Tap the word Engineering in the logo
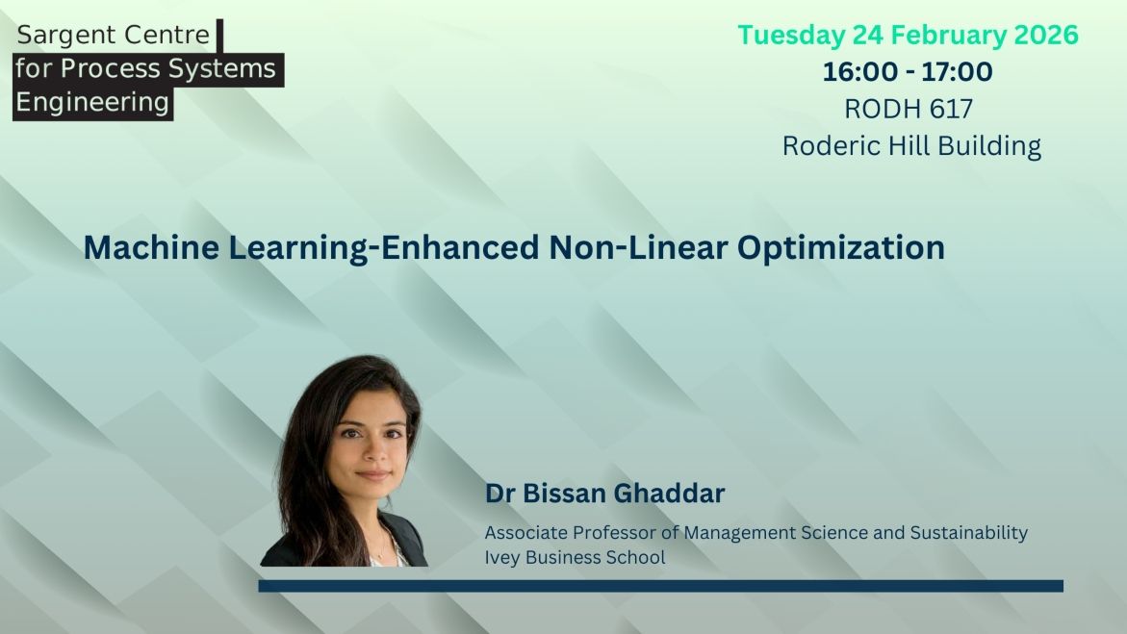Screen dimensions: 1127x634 click(x=92, y=102)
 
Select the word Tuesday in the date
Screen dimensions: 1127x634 click(x=791, y=36)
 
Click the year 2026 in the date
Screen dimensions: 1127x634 click(x=1046, y=35)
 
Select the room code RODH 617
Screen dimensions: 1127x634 click(x=909, y=109)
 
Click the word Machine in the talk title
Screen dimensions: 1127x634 click(x=152, y=247)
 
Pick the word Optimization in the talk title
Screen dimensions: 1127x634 click(x=841, y=248)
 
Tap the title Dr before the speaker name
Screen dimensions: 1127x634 click(x=500, y=494)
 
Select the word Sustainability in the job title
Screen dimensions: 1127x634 click(x=969, y=533)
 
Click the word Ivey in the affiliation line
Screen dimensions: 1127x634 click(x=501, y=558)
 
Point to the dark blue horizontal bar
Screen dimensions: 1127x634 click(x=660, y=586)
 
